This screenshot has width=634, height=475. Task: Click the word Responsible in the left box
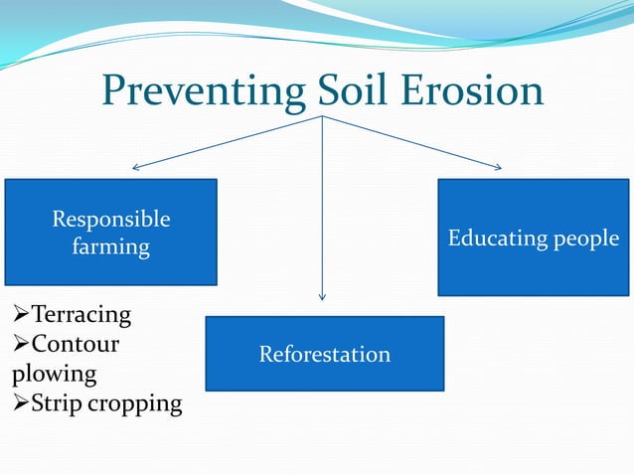coord(111,219)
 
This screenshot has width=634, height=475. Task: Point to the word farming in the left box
coord(111,246)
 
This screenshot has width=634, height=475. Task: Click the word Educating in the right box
coord(494,238)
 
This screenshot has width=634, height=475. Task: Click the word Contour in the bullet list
coord(76,345)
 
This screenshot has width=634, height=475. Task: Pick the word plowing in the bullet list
coord(55,375)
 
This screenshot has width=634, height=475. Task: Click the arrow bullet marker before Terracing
coord(21,315)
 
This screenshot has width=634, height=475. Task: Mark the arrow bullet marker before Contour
coord(21,345)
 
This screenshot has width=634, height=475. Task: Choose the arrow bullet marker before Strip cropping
coord(21,404)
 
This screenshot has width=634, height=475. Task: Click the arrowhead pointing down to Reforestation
coord(322,296)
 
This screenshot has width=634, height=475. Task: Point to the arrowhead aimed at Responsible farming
coord(137,167)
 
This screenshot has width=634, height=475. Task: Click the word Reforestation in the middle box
coord(324,354)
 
